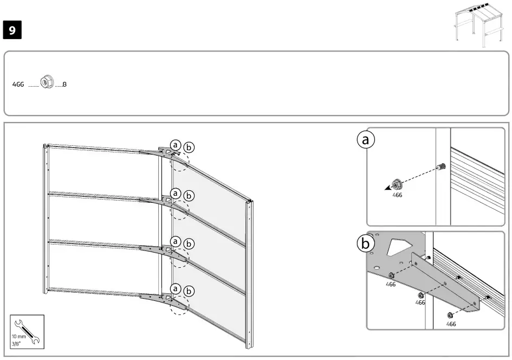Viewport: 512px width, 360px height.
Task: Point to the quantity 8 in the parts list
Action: (x=64, y=85)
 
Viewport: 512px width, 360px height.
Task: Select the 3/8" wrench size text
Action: (x=17, y=343)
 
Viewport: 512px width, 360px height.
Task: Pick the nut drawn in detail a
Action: (x=396, y=183)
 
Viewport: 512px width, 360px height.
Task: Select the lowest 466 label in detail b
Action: (x=451, y=324)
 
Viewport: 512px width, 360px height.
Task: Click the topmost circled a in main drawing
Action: (x=176, y=144)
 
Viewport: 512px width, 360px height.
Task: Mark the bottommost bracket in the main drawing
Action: (x=157, y=297)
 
